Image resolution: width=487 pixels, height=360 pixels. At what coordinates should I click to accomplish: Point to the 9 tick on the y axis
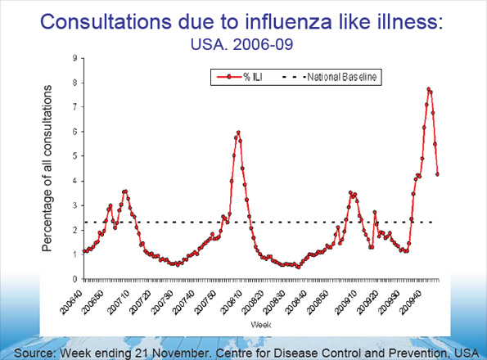pyautogui.click(x=74, y=58)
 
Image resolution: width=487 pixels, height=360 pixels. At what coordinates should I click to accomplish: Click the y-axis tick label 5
pyautogui.click(x=74, y=156)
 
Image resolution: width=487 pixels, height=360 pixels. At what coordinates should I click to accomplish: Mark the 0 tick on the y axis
pyautogui.click(x=74, y=279)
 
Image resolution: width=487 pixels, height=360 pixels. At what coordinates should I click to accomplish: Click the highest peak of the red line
pyautogui.click(x=428, y=88)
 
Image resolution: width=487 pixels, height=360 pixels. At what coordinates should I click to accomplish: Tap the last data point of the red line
pyautogui.click(x=438, y=173)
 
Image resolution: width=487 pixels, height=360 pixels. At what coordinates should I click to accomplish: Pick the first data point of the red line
pyautogui.click(x=83, y=250)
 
